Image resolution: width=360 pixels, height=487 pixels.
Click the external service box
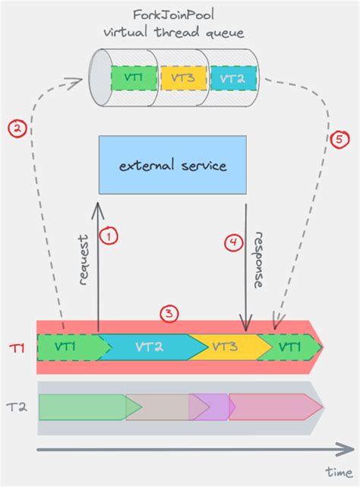pyautogui.click(x=172, y=165)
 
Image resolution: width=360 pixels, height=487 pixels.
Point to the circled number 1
pyautogui.click(x=111, y=238)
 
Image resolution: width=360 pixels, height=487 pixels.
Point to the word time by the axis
pyautogui.click(x=339, y=472)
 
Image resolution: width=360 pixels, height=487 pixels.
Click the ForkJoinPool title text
pyautogui.click(x=172, y=17)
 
